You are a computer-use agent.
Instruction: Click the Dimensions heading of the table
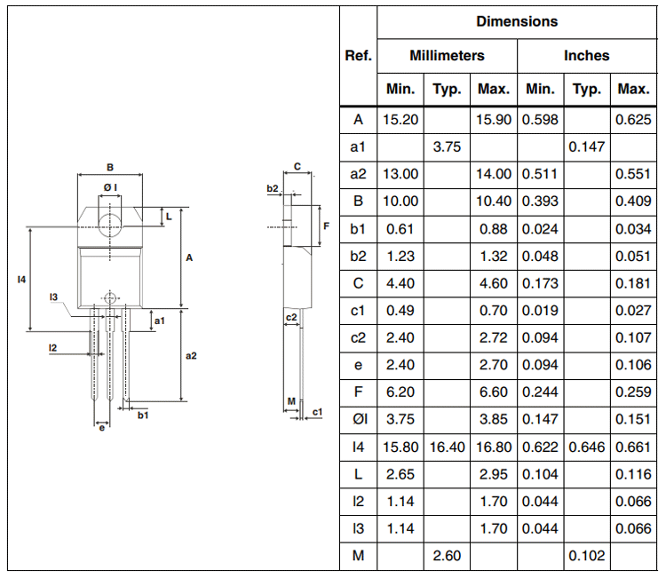tap(517, 21)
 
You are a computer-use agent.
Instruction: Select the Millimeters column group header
tap(447, 55)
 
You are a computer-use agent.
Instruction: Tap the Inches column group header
tap(587, 55)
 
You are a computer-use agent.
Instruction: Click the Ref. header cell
tap(358, 55)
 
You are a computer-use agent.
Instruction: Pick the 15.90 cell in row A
tap(494, 119)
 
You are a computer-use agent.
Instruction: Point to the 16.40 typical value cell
tap(447, 447)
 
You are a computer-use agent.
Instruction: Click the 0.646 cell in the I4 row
tap(587, 447)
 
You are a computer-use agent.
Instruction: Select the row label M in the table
tap(358, 556)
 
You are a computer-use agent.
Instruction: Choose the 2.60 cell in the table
tap(447, 556)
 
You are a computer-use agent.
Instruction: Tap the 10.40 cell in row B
tap(494, 202)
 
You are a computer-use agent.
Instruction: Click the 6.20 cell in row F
tap(400, 392)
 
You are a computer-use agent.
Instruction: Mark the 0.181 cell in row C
tap(633, 283)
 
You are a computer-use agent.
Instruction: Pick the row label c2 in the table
tap(358, 337)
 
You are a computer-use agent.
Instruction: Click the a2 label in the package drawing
tap(190, 355)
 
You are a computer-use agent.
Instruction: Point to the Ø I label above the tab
tap(109, 187)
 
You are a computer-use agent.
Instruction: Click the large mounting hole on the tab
tap(109, 221)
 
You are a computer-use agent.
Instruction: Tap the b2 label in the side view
tap(273, 189)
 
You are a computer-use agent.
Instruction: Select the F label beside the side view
tap(327, 226)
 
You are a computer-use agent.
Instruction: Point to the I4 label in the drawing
tap(21, 279)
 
